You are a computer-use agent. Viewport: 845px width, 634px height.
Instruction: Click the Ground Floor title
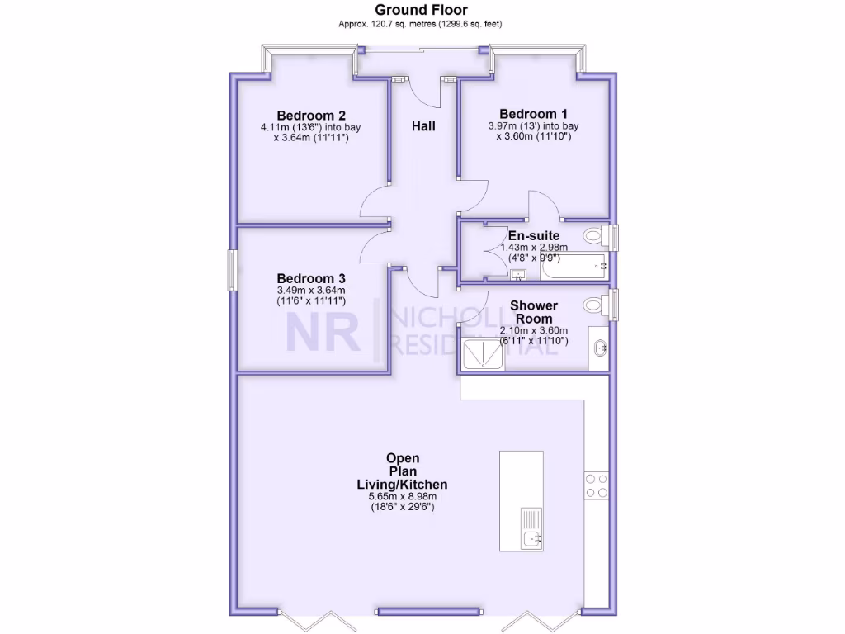tap(421, 10)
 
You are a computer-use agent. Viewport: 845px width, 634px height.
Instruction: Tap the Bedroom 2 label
tap(311, 115)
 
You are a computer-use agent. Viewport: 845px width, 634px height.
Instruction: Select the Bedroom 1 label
tap(534, 114)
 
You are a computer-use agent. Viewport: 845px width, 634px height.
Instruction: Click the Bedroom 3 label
tap(311, 278)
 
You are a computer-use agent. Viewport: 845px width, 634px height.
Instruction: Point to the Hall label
tap(423, 126)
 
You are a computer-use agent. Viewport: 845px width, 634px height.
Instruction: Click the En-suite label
tap(534, 236)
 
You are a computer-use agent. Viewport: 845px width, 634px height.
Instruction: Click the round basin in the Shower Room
tap(600, 347)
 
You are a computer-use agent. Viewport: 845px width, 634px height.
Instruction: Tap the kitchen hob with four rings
tap(596, 485)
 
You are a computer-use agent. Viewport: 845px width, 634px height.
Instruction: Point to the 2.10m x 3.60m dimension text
tap(534, 330)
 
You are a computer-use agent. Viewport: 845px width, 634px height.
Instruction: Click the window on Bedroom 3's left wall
tap(232, 270)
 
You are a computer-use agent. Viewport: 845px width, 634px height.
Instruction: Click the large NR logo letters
tap(323, 333)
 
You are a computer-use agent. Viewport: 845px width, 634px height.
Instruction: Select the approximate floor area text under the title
tap(421, 24)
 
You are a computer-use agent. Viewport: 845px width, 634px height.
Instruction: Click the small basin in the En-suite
tap(518, 274)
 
